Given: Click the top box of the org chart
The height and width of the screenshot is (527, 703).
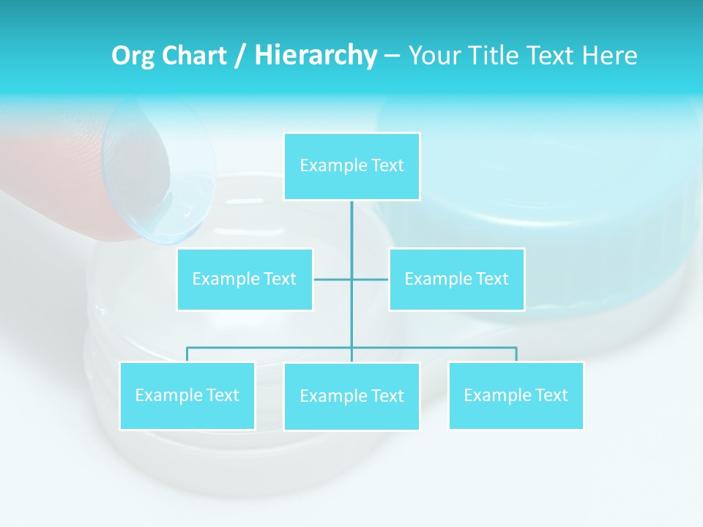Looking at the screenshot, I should [351, 166].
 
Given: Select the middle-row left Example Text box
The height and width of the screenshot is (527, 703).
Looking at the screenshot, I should [245, 279].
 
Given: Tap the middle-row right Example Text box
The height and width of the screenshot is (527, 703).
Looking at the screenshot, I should [456, 279].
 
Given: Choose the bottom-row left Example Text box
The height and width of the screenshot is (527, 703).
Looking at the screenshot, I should [187, 395].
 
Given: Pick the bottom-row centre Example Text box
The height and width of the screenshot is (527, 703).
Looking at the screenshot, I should [351, 396].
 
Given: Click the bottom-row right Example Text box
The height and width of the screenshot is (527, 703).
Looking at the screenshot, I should [516, 395].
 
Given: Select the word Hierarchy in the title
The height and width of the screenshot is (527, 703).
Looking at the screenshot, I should [316, 56].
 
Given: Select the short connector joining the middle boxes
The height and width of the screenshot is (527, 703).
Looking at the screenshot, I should [333, 279].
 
